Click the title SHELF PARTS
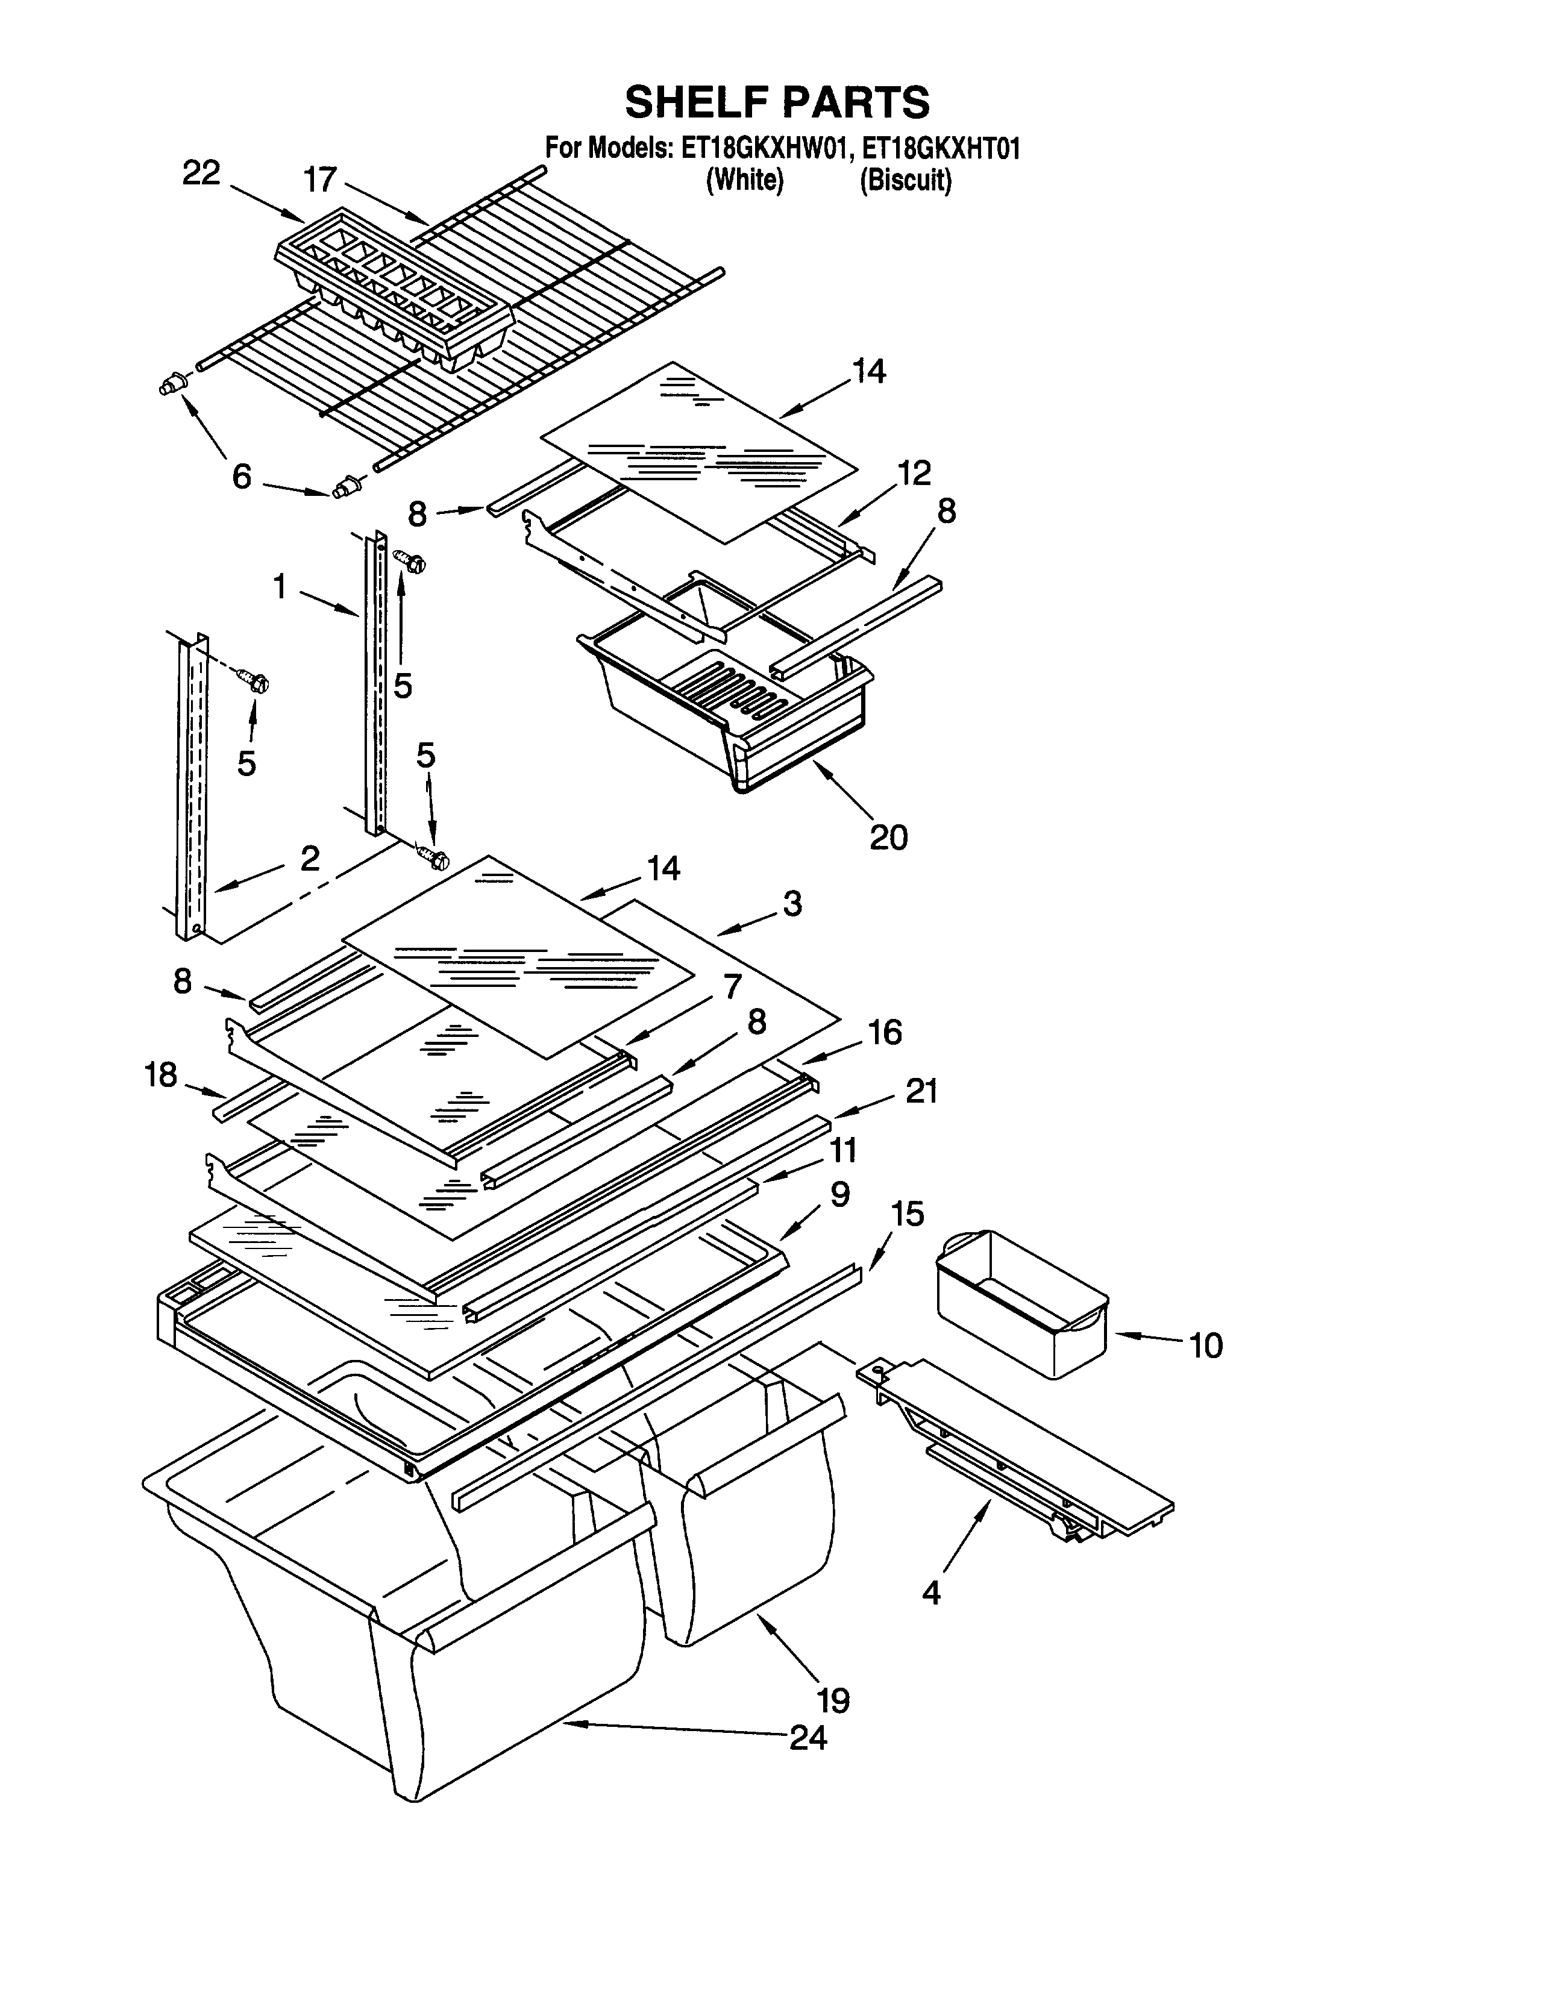pos(777,102)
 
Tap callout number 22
pos(201,173)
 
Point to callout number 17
pos(320,179)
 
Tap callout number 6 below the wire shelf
pos(242,477)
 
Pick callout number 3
pos(792,903)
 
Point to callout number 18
pos(161,1074)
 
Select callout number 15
pos(907,1214)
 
